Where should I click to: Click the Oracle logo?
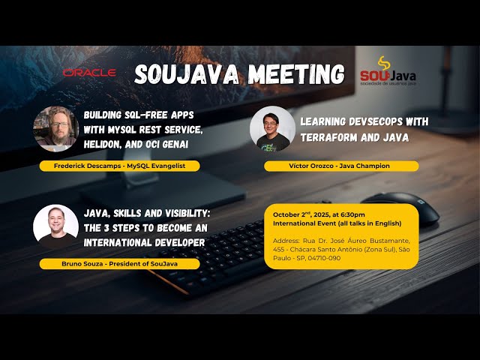pyautogui.click(x=89, y=73)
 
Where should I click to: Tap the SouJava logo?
pyautogui.click(x=387, y=73)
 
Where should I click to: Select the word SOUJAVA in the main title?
pyautogui.click(x=186, y=73)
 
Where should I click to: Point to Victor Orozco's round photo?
pyautogui.click(x=272, y=129)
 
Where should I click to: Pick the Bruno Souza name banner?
pyautogui.click(x=120, y=263)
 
